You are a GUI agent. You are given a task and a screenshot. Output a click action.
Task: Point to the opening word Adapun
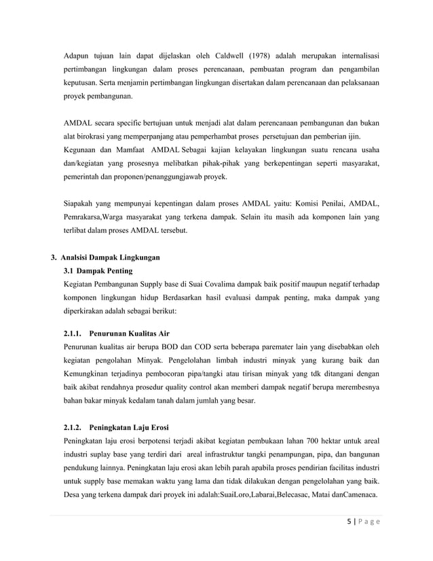click(77, 55)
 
